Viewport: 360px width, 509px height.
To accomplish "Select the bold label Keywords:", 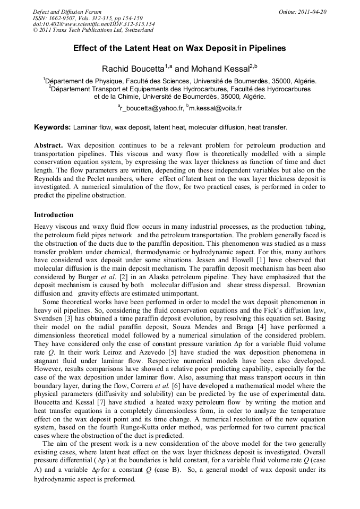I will pyautogui.click(x=52, y=127).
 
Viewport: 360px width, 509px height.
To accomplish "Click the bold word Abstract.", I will pyautogui.click(x=48, y=145).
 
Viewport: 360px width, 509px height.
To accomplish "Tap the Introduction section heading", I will pyautogui.click(x=54, y=215).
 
